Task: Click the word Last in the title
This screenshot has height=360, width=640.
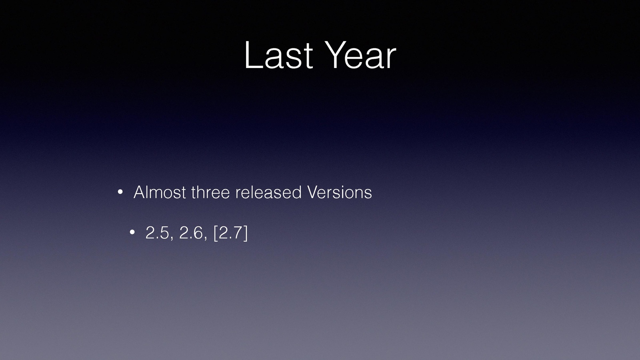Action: coord(278,55)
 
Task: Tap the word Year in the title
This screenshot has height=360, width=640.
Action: coord(360,55)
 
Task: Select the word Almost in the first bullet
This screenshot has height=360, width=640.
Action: coord(160,192)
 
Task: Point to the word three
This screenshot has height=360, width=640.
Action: coord(210,192)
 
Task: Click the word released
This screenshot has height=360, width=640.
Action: coord(268,192)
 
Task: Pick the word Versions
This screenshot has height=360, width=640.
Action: coord(340,192)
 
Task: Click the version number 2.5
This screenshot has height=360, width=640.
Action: coord(157,232)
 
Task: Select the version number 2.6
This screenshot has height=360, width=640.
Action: coord(191,232)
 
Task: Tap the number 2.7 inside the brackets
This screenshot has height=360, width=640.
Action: coord(230,232)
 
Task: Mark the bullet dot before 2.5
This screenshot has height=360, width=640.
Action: coord(132,232)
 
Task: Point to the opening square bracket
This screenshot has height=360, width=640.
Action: coord(216,233)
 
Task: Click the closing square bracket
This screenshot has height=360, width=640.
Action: coord(246,233)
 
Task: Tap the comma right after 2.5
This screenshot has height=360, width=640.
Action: coord(172,238)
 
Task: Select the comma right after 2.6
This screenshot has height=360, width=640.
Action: coord(205,238)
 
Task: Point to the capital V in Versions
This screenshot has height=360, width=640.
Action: coord(314,192)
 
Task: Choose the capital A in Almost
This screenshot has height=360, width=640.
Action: coord(140,192)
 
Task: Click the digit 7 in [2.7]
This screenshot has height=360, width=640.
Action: coord(238,232)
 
